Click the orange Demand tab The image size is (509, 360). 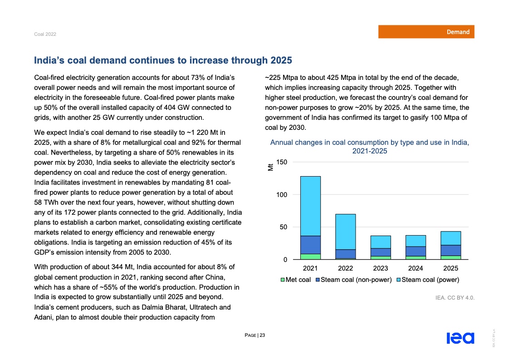click(x=426, y=32)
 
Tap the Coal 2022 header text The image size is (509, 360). click(x=45, y=35)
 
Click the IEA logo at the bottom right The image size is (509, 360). click(x=460, y=338)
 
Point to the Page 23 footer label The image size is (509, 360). click(x=254, y=335)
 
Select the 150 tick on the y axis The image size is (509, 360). click(x=282, y=162)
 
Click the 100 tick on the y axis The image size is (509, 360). click(x=282, y=195)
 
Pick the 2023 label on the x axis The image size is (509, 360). click(x=381, y=268)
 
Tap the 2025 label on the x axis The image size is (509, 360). click(x=450, y=268)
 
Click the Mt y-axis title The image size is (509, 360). click(x=271, y=167)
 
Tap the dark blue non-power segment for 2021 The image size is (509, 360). click(x=310, y=245)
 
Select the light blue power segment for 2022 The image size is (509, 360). click(x=345, y=232)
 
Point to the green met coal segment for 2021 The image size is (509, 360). click(x=310, y=256)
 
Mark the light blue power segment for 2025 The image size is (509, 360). click(x=450, y=238)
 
